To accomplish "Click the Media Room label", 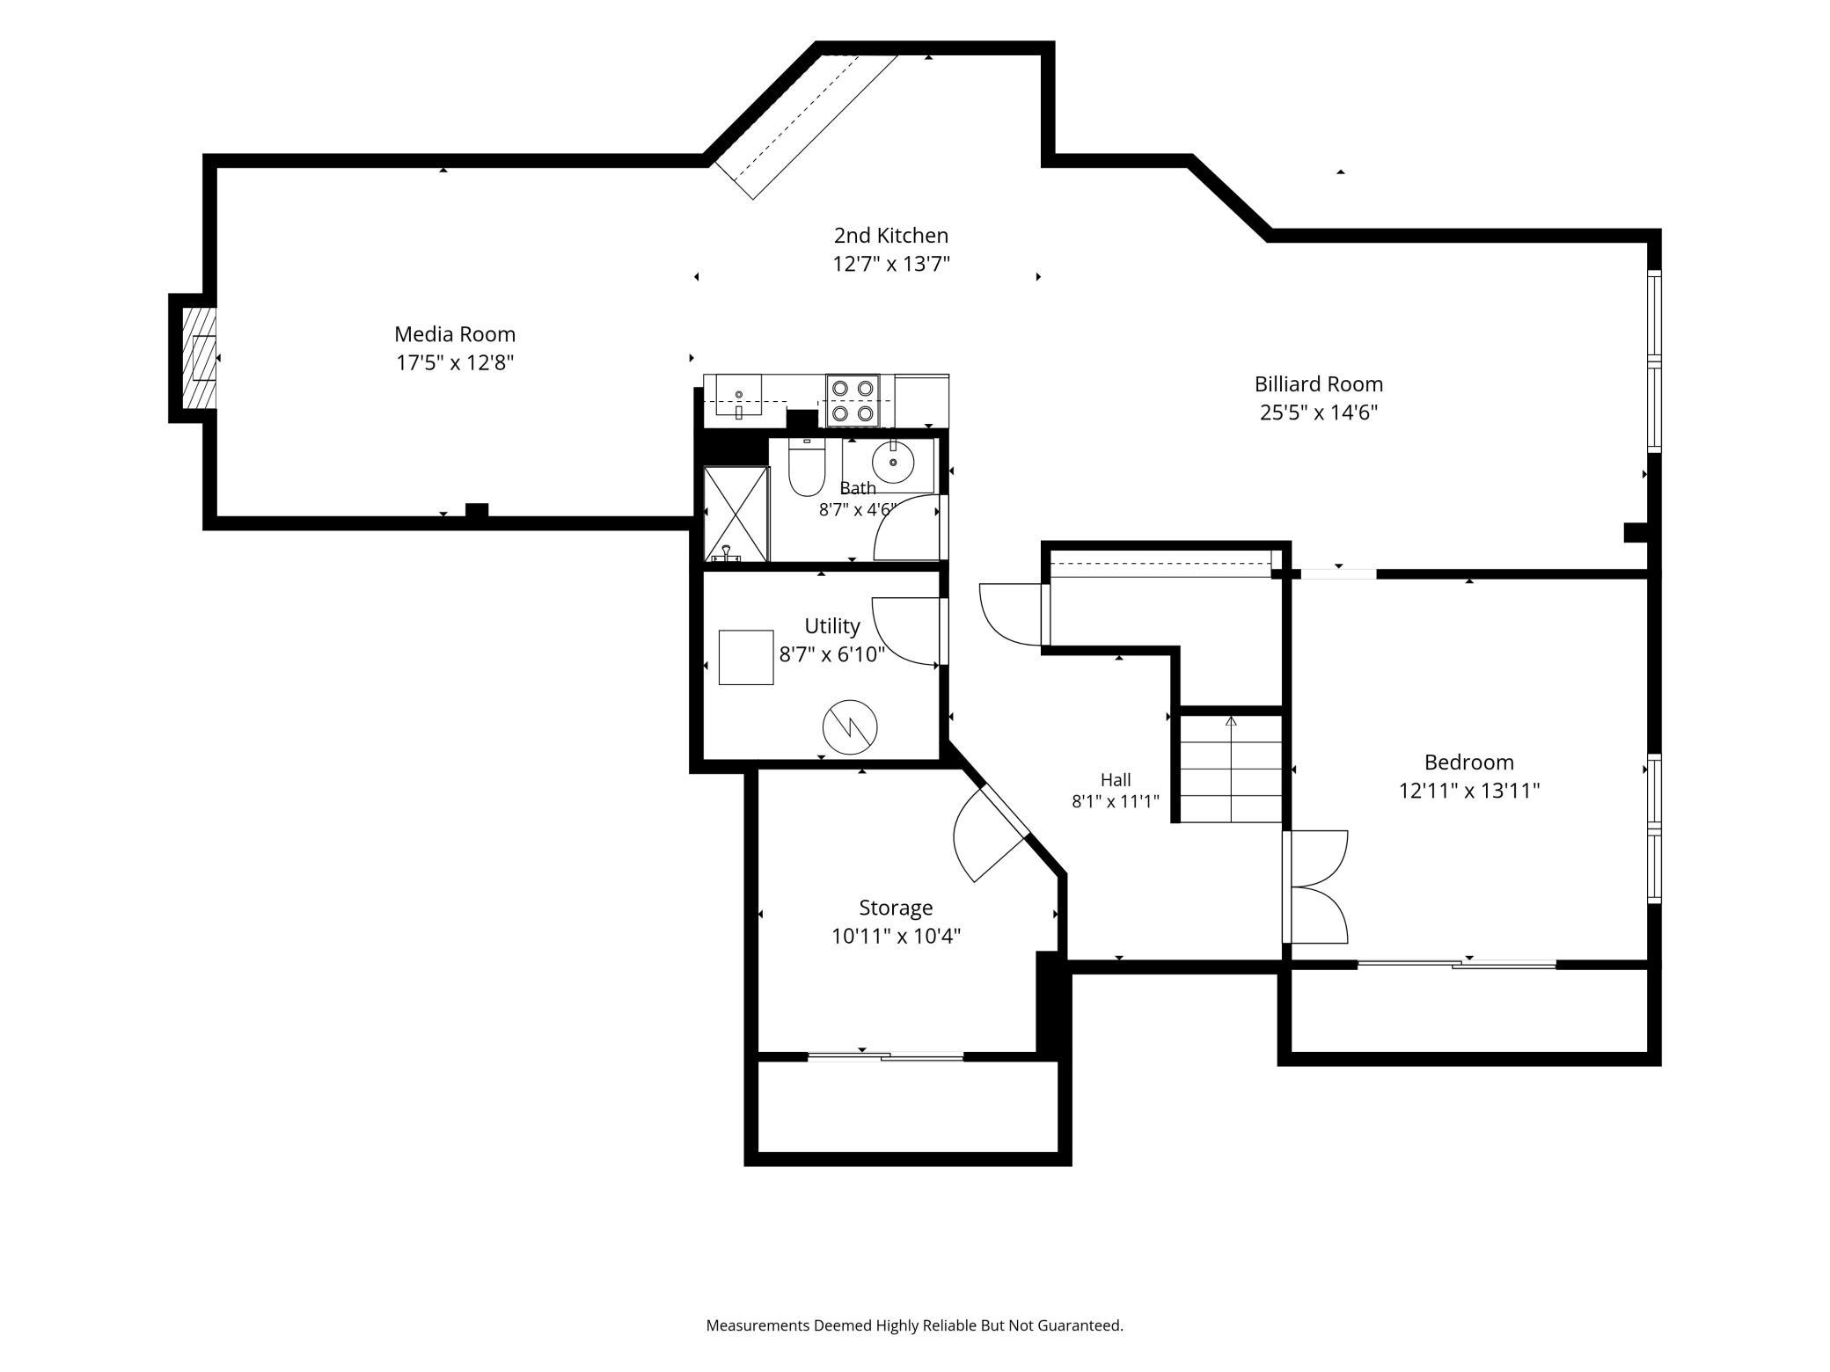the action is point(454,334).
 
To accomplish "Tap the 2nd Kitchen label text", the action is point(891,236).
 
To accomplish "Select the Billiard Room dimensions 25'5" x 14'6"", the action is point(1319,412).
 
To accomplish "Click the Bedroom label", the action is point(1468,763).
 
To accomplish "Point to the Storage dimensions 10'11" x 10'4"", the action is point(896,936).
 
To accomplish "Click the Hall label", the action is point(1116,780).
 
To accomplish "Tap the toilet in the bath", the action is point(806,468).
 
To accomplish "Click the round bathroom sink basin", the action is point(893,462).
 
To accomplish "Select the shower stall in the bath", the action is point(736,514).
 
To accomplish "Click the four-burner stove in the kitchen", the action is point(853,400).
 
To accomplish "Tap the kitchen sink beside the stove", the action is point(738,396).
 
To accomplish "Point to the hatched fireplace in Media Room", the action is point(200,358).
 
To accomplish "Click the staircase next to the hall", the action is point(1230,769).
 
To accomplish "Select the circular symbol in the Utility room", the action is point(850,727).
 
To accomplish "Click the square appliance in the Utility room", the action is point(746,657).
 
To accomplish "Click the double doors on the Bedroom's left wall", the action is point(1315,887).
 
